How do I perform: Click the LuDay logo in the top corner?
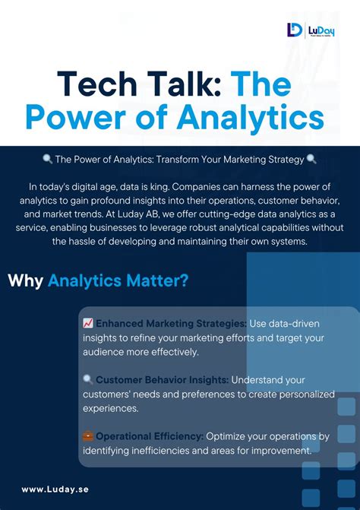pyautogui.click(x=312, y=30)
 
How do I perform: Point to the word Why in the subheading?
pyautogui.click(x=25, y=280)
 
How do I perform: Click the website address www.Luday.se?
pyautogui.click(x=55, y=489)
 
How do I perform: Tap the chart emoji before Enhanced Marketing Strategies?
pyautogui.click(x=88, y=324)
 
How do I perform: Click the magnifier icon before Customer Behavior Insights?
pyautogui.click(x=88, y=380)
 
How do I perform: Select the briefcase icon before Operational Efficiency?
pyautogui.click(x=88, y=436)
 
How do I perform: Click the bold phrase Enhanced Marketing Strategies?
pyautogui.click(x=171, y=324)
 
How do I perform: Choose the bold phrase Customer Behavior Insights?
pyautogui.click(x=162, y=380)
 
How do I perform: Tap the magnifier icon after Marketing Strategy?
pyautogui.click(x=311, y=160)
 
